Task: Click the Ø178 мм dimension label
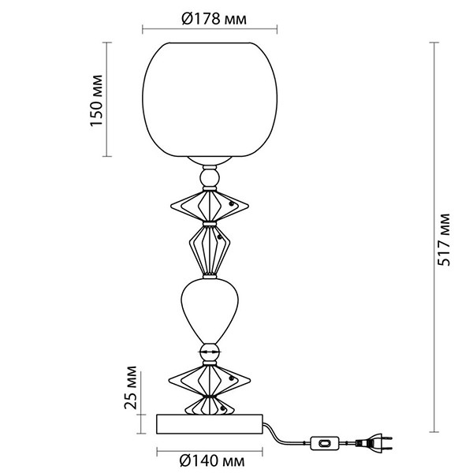[x=214, y=19]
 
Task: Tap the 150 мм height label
[x=96, y=100]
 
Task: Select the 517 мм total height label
[x=443, y=240]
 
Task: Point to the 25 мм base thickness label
[x=131, y=387]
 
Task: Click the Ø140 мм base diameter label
[x=212, y=461]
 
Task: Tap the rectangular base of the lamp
[x=210, y=424]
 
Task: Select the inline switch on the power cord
[x=325, y=443]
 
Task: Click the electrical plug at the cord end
[x=374, y=442]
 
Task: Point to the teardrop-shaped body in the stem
[x=210, y=311]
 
